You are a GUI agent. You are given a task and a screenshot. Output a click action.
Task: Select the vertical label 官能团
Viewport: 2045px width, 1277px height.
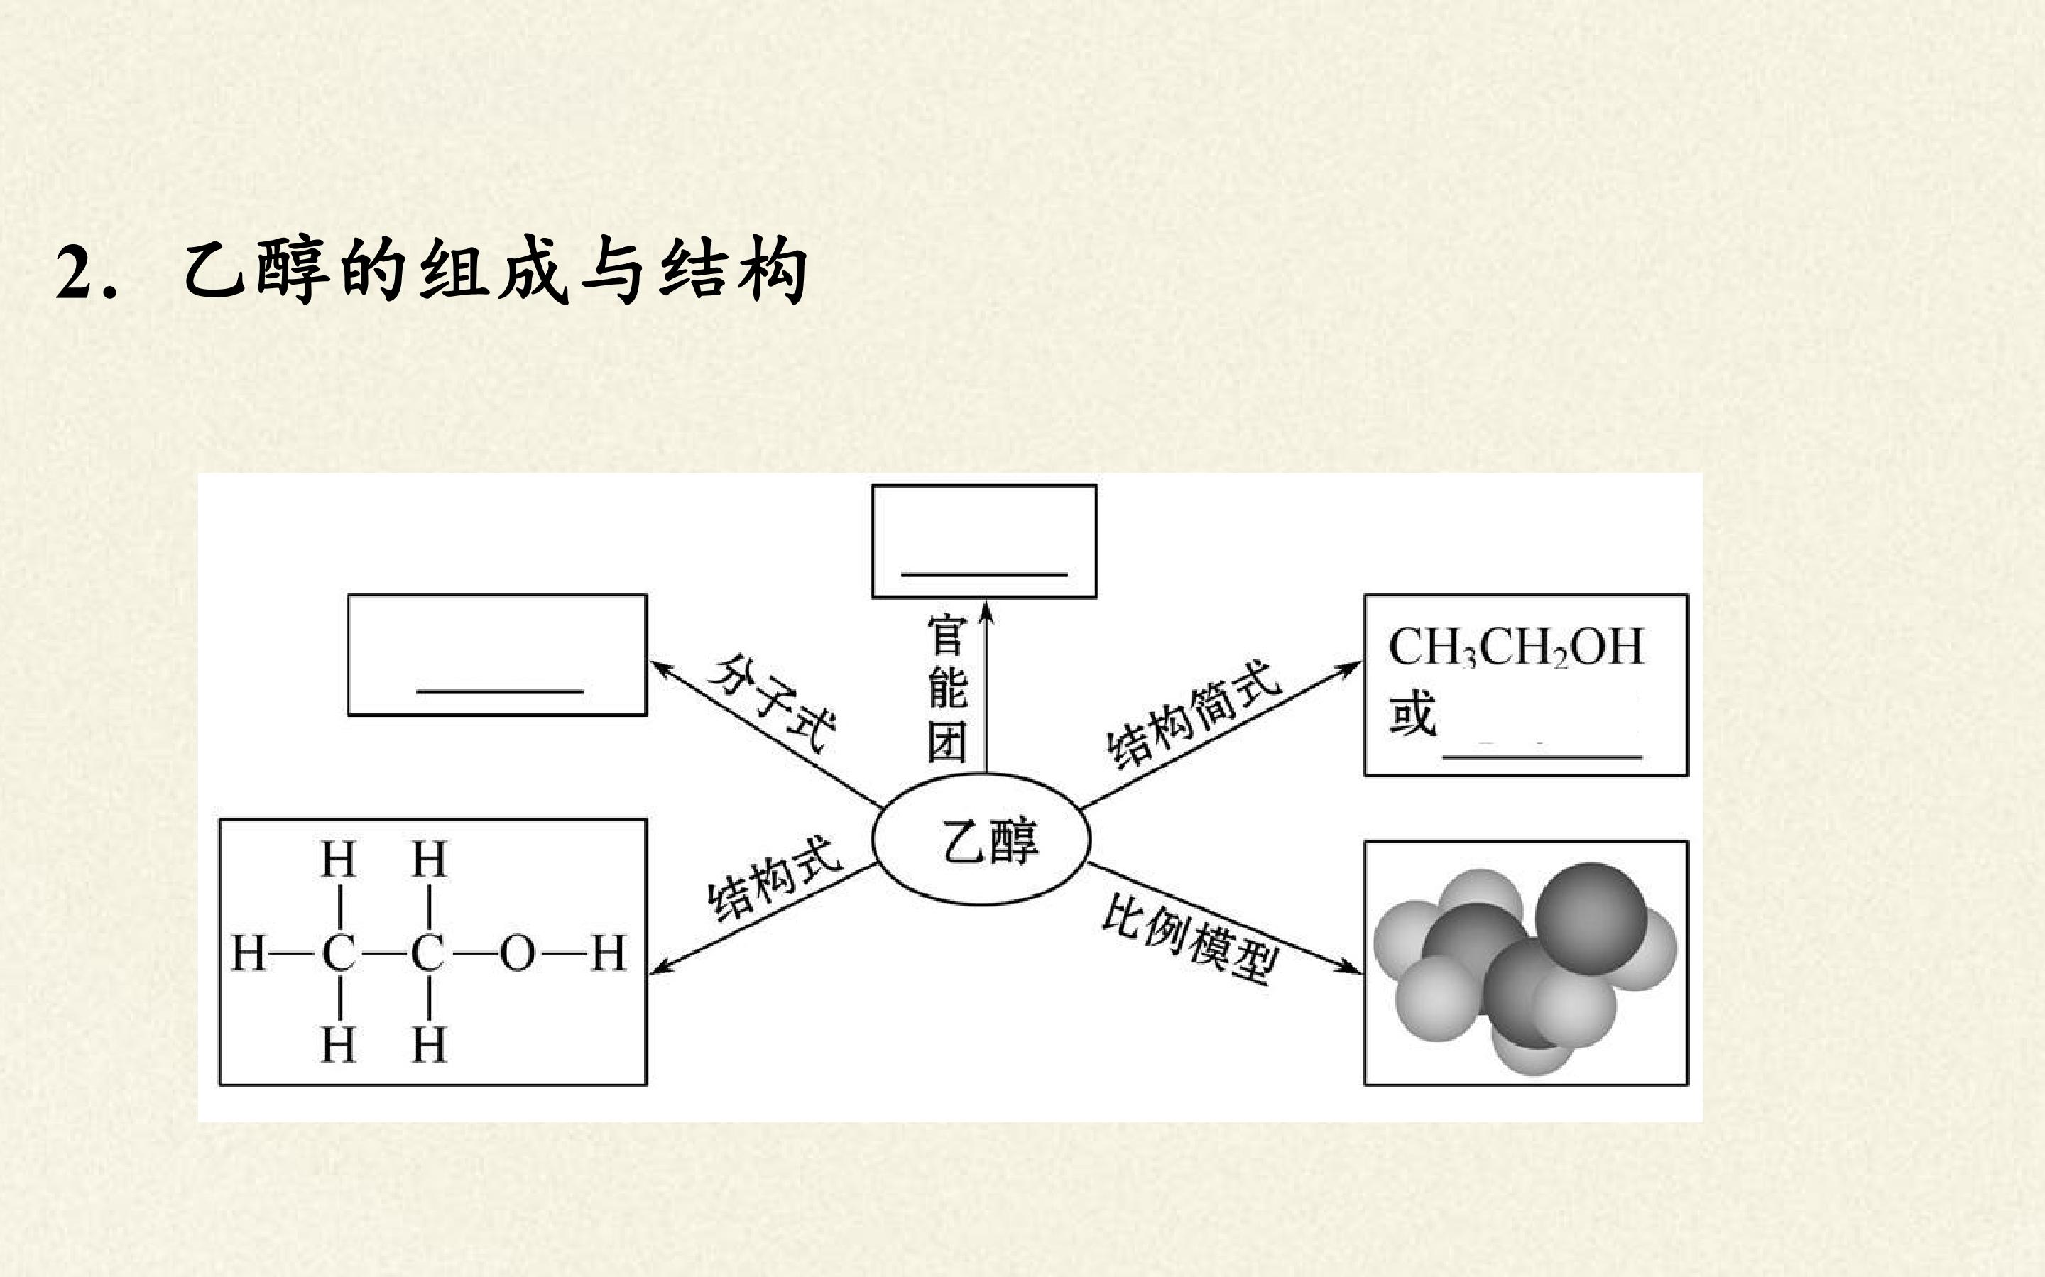pos(947,689)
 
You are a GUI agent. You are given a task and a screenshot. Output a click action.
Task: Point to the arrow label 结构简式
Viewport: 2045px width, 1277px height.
pos(1194,713)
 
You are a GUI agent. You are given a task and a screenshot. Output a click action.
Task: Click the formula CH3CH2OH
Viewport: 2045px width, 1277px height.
pos(1516,648)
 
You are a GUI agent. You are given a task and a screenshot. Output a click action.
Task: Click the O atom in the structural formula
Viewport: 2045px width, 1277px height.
pos(517,953)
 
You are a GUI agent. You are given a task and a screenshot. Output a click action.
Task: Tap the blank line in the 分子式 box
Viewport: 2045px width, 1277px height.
pos(499,691)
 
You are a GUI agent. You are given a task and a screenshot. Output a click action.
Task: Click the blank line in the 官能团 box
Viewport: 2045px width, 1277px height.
pos(984,574)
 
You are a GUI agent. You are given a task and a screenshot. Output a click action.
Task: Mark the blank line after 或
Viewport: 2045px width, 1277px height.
pos(1542,757)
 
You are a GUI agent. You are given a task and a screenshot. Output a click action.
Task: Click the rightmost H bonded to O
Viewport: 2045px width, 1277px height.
pos(609,953)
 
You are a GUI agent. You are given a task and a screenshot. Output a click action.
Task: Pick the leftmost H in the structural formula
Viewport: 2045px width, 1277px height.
pos(249,953)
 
